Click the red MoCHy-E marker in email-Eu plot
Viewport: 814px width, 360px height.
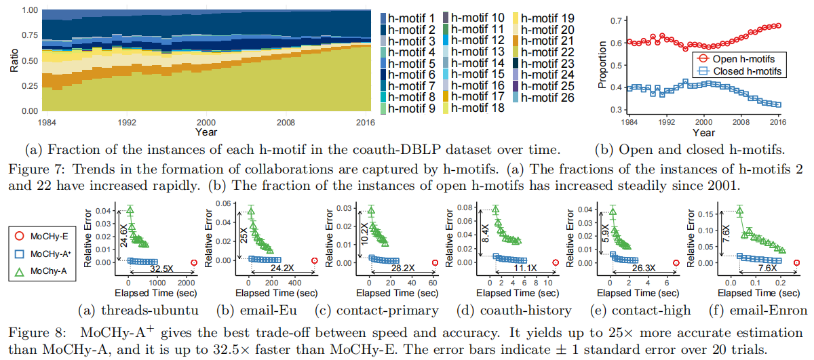click(x=314, y=260)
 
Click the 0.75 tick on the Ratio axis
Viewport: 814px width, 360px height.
click(x=29, y=35)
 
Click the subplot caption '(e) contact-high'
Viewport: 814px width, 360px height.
click(x=638, y=311)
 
